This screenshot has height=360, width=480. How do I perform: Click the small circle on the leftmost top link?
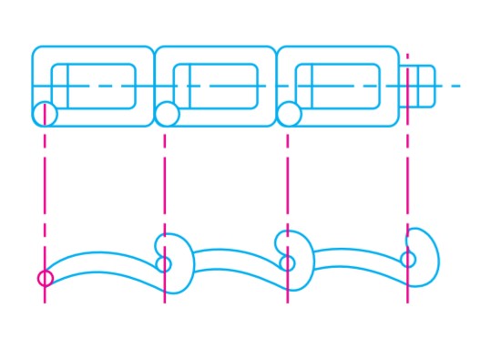click(45, 114)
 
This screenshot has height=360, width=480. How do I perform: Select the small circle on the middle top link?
click(167, 114)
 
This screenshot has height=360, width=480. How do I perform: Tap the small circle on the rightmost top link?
click(289, 114)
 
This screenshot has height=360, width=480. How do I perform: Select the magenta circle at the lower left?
click(45, 278)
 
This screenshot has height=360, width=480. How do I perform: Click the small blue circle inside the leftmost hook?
click(164, 264)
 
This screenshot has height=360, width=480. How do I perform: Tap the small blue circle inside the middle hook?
click(288, 263)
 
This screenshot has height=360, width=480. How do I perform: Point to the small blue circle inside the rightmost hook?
click(408, 259)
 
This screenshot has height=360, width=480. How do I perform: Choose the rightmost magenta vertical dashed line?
click(407, 182)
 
